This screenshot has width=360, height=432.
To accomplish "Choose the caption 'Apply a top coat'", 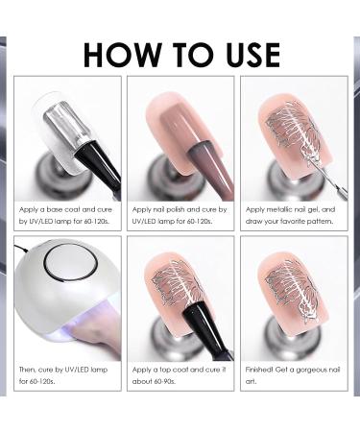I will click(x=180, y=375).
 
